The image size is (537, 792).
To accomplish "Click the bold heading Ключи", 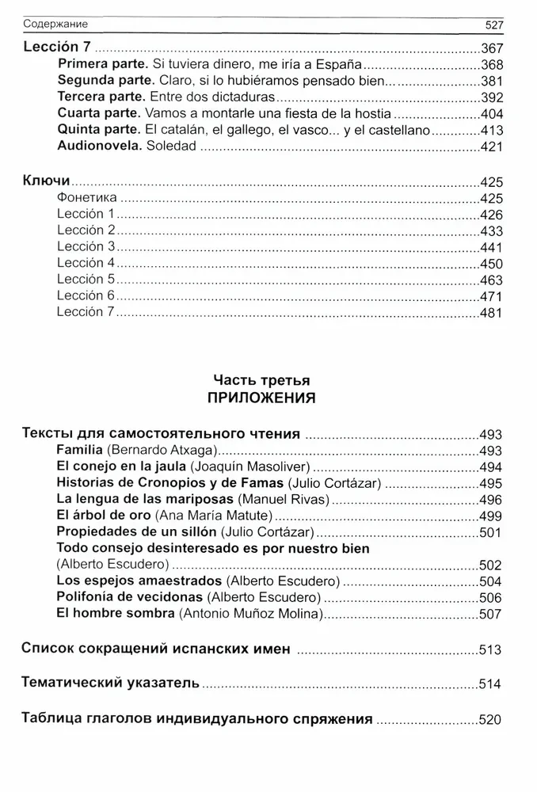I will (x=46, y=181).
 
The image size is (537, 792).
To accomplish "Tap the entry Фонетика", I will (x=87, y=197).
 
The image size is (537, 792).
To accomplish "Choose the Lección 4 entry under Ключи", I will (x=86, y=262).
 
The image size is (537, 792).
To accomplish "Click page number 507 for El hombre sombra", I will (x=493, y=614).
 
